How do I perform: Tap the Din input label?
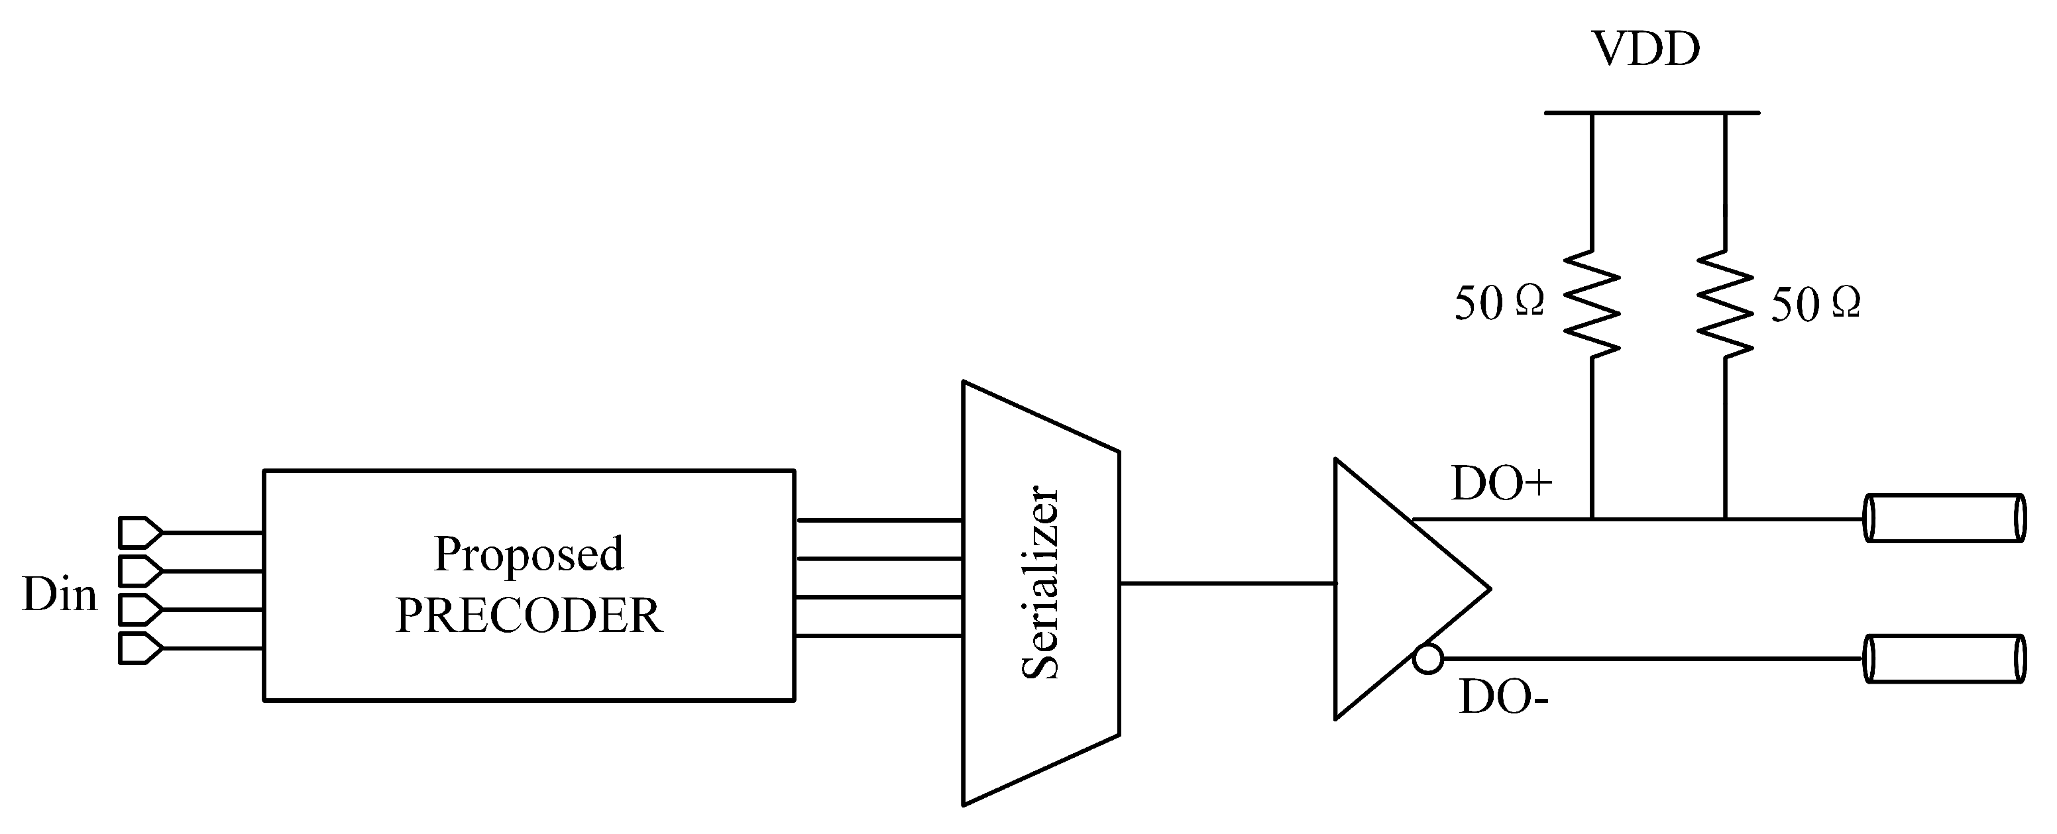[59, 596]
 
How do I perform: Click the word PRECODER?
[529, 615]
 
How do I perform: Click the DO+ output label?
[1501, 484]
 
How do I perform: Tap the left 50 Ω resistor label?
[1499, 303]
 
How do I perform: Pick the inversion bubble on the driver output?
[1427, 659]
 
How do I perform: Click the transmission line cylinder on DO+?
[1944, 519]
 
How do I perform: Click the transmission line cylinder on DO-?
[1944, 659]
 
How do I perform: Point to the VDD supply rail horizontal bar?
[1651, 113]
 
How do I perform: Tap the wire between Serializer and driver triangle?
[1227, 584]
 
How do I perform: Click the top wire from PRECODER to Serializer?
[878, 521]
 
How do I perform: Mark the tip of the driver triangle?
[1487, 589]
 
